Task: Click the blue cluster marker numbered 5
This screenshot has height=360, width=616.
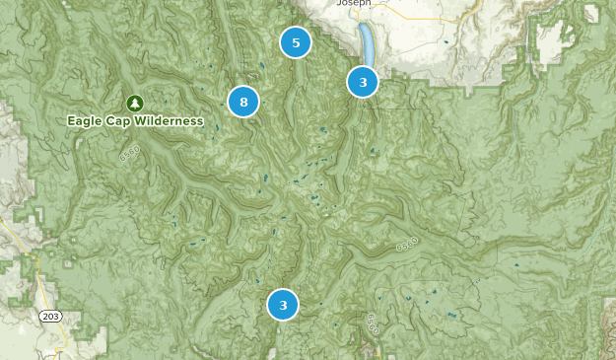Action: click(x=296, y=42)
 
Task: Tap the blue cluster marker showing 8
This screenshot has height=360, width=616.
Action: click(x=243, y=102)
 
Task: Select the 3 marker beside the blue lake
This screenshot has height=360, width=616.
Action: click(x=363, y=82)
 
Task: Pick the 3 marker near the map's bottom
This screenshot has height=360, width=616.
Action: click(x=283, y=305)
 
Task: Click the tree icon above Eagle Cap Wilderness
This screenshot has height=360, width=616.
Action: click(x=135, y=103)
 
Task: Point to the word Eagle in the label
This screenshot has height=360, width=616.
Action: click(x=86, y=121)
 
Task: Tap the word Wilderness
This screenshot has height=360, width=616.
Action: click(x=170, y=121)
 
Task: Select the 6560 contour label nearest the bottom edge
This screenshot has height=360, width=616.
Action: click(x=373, y=323)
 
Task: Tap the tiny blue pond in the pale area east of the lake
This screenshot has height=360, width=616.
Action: click(x=444, y=41)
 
